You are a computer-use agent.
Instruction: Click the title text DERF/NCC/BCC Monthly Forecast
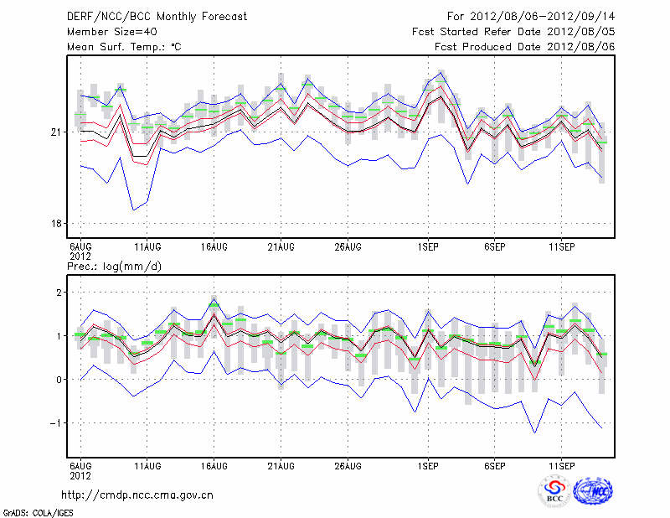(157, 17)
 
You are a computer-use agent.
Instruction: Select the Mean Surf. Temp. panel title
(123, 47)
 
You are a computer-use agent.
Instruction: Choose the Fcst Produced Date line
(525, 47)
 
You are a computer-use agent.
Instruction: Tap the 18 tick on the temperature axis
(55, 224)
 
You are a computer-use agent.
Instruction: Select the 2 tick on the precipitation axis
(59, 292)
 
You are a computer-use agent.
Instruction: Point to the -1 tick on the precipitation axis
(56, 423)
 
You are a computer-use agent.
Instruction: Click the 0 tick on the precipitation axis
(59, 380)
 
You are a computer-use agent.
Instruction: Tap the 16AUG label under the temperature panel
(214, 246)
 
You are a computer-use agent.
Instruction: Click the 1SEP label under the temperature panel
(428, 246)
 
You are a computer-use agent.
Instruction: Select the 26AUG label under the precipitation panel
(348, 464)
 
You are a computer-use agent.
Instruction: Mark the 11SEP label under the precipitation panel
(561, 464)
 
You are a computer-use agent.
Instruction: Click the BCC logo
(554, 491)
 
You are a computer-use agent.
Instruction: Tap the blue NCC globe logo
(593, 491)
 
